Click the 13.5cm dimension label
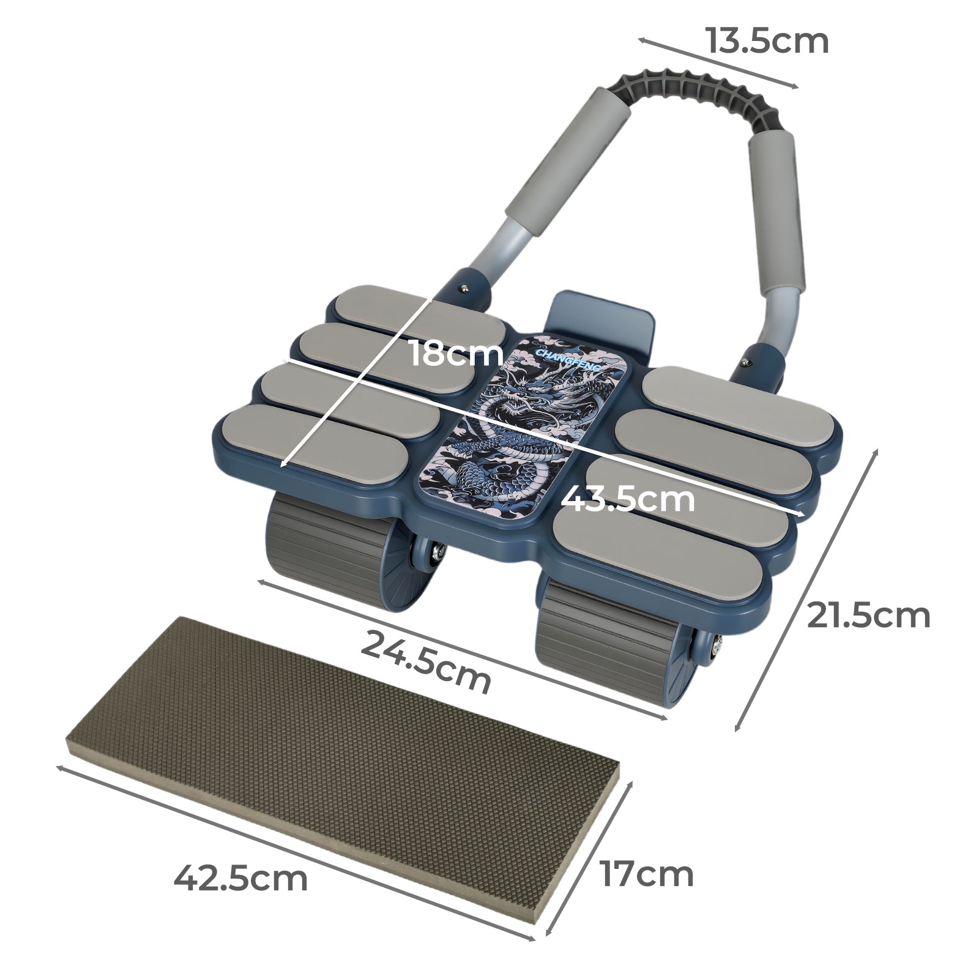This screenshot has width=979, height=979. coord(767,42)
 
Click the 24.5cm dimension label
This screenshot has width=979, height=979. coord(426,662)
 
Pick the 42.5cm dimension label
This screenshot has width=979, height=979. coord(240,879)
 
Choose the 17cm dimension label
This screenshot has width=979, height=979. coord(646,874)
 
